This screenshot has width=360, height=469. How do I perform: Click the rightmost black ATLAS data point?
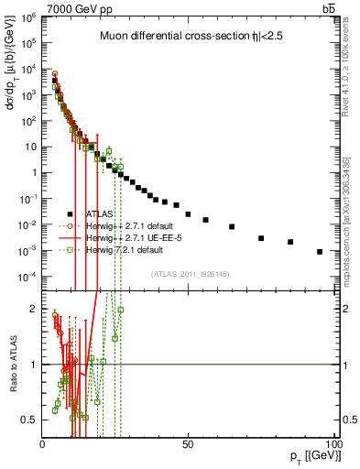click(x=320, y=252)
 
